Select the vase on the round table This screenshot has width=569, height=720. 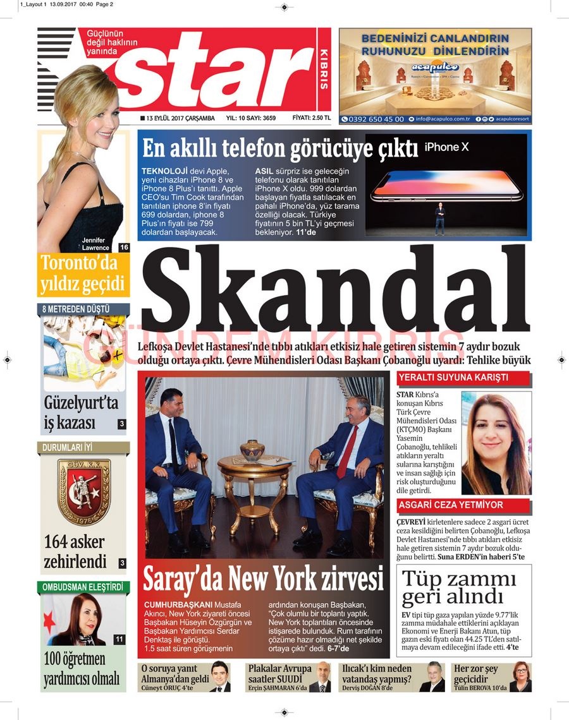pos(252,450)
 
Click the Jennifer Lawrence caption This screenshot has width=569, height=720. pos(95,244)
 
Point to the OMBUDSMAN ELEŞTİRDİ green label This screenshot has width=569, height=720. pos(83,587)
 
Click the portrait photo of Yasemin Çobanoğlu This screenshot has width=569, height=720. pos(496,443)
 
